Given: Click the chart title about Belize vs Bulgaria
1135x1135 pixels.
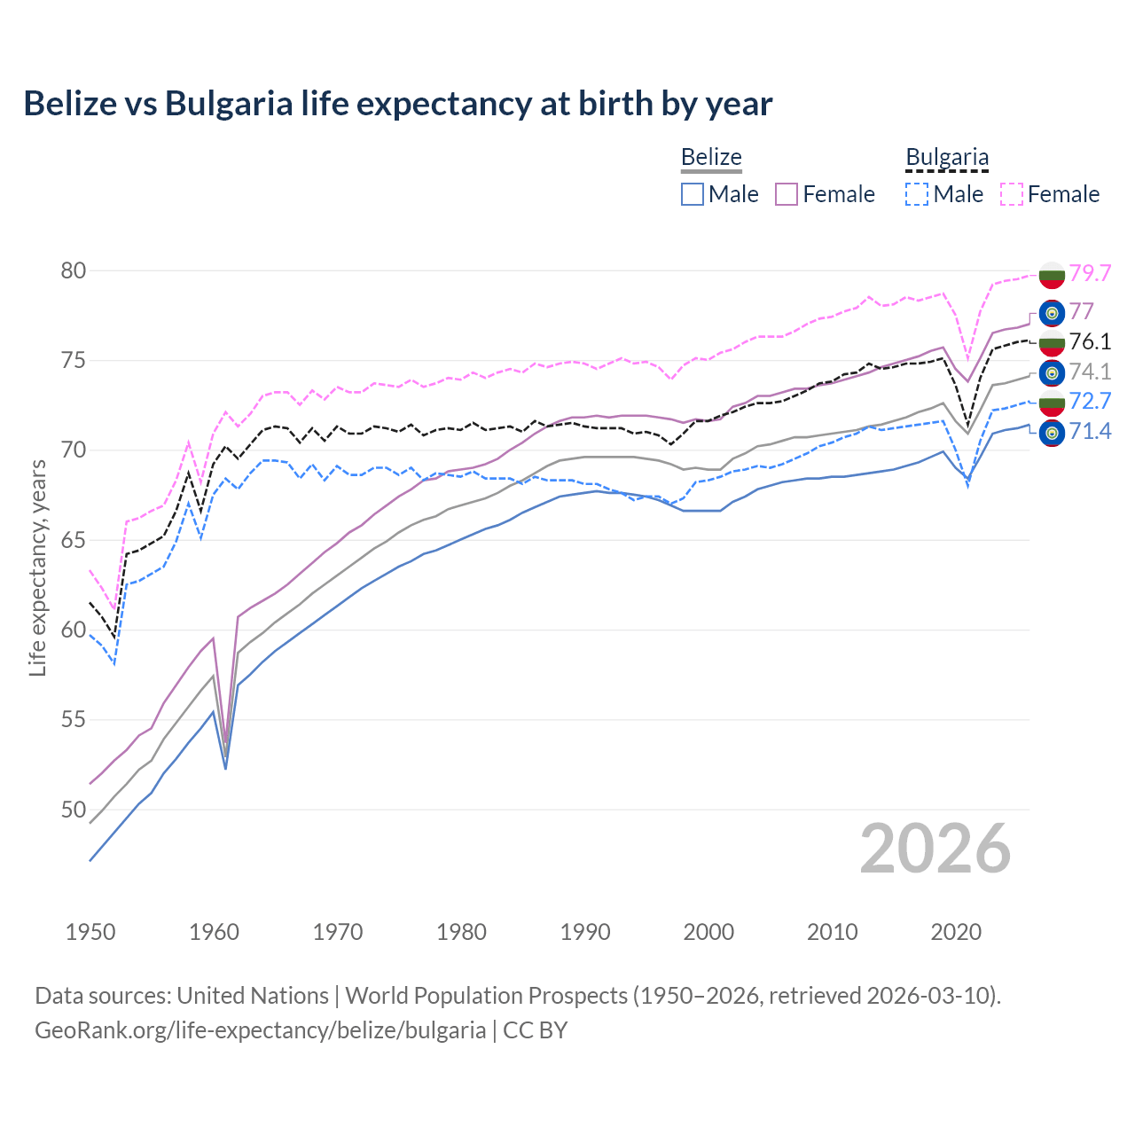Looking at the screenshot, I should [x=398, y=104].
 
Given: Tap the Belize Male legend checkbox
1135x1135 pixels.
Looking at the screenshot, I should [x=693, y=194].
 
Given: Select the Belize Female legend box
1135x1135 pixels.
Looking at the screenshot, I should [x=787, y=194].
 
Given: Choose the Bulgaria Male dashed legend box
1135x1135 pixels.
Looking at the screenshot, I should [x=918, y=194].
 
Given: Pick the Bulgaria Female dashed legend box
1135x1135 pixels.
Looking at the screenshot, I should [x=1012, y=194].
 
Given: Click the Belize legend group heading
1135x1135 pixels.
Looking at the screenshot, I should [x=711, y=158].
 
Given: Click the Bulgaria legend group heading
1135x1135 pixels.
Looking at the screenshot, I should [x=947, y=158].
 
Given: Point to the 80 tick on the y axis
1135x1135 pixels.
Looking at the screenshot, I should [x=74, y=270].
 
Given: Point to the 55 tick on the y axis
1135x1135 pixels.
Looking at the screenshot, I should [x=74, y=720].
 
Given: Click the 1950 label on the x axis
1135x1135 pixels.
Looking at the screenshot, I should [x=90, y=932].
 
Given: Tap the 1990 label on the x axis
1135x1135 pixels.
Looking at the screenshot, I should [x=585, y=932].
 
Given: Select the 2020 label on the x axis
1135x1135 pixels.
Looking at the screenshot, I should [x=956, y=932].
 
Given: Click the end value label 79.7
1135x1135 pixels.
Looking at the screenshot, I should [x=1090, y=273].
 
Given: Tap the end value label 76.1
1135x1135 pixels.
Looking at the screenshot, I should [x=1090, y=341].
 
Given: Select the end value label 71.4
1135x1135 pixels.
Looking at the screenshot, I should [x=1090, y=432].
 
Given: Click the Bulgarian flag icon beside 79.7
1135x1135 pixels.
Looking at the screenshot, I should [x=1052, y=275].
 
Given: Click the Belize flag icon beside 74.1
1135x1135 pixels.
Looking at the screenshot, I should [x=1052, y=372].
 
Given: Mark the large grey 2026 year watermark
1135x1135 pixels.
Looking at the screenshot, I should [x=935, y=849].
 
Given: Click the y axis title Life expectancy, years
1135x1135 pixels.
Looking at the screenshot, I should [x=38, y=567].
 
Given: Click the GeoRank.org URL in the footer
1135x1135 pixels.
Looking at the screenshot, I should [x=260, y=1030].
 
